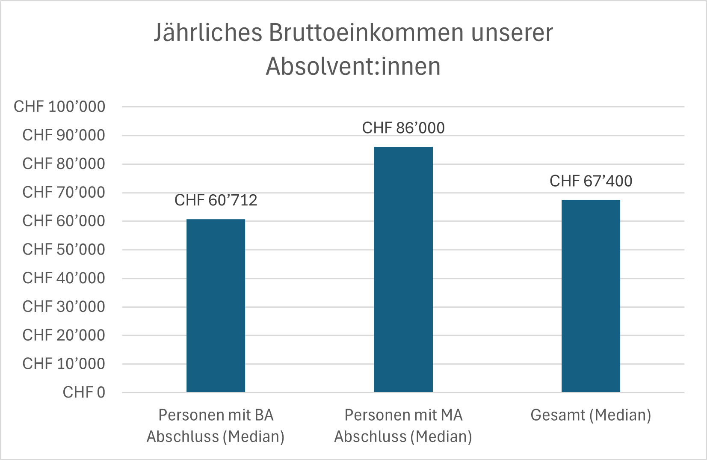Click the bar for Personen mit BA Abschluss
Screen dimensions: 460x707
point(216,306)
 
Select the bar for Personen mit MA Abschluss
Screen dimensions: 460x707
point(403,270)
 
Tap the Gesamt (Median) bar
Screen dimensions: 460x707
point(590,296)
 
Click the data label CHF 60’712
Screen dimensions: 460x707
point(216,200)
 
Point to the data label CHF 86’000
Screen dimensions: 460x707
point(403,128)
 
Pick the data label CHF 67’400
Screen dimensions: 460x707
point(590,181)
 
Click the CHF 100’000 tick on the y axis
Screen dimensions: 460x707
point(59,107)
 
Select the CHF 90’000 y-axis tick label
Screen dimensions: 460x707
point(63,135)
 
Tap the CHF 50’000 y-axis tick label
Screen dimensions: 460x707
point(63,249)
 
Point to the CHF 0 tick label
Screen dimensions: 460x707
point(84,392)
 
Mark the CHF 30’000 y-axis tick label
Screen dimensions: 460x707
point(63,307)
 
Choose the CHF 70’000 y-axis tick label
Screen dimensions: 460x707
point(63,193)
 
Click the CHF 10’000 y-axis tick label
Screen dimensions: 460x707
point(63,364)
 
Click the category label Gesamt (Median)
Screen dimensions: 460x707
point(590,415)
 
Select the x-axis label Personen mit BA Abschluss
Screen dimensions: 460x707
point(216,426)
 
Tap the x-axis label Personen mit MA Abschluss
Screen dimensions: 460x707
point(403,426)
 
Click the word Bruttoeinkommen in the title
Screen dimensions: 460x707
point(366,33)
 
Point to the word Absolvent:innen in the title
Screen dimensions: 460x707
point(353,67)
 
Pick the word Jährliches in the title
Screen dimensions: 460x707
point(207,33)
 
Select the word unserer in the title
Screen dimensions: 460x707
point(512,33)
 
